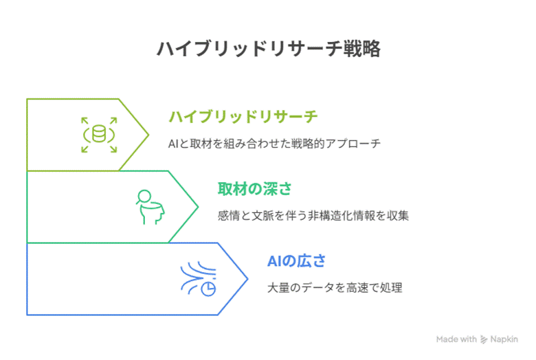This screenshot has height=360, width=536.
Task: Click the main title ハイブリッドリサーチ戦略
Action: point(269,49)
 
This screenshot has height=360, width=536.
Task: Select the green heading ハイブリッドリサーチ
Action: point(243,117)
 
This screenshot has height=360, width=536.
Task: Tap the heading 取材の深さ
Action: point(255,189)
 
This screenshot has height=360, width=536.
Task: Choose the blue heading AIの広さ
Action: point(296,261)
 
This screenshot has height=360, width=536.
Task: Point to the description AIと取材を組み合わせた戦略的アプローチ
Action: point(274,144)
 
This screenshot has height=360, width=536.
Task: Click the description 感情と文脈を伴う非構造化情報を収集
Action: point(313,216)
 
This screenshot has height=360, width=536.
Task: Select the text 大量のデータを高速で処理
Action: point(335,288)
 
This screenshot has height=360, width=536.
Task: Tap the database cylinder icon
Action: point(99,134)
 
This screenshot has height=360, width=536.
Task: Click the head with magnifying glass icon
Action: point(150,207)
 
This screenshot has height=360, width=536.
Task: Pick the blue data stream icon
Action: point(199,279)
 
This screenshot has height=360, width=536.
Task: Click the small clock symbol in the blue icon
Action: point(208,289)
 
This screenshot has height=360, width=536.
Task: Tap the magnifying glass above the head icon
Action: point(143,196)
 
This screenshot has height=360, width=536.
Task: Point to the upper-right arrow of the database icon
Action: point(113,121)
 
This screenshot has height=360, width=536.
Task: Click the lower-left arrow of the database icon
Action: point(85,148)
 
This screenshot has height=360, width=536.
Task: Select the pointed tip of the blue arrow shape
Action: point(247,279)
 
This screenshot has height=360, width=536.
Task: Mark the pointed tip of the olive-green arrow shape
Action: point(148,135)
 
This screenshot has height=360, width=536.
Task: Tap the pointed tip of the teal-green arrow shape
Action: point(198,207)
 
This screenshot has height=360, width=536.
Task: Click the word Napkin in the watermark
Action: point(504,339)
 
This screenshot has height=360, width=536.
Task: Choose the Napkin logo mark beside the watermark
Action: point(483,339)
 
